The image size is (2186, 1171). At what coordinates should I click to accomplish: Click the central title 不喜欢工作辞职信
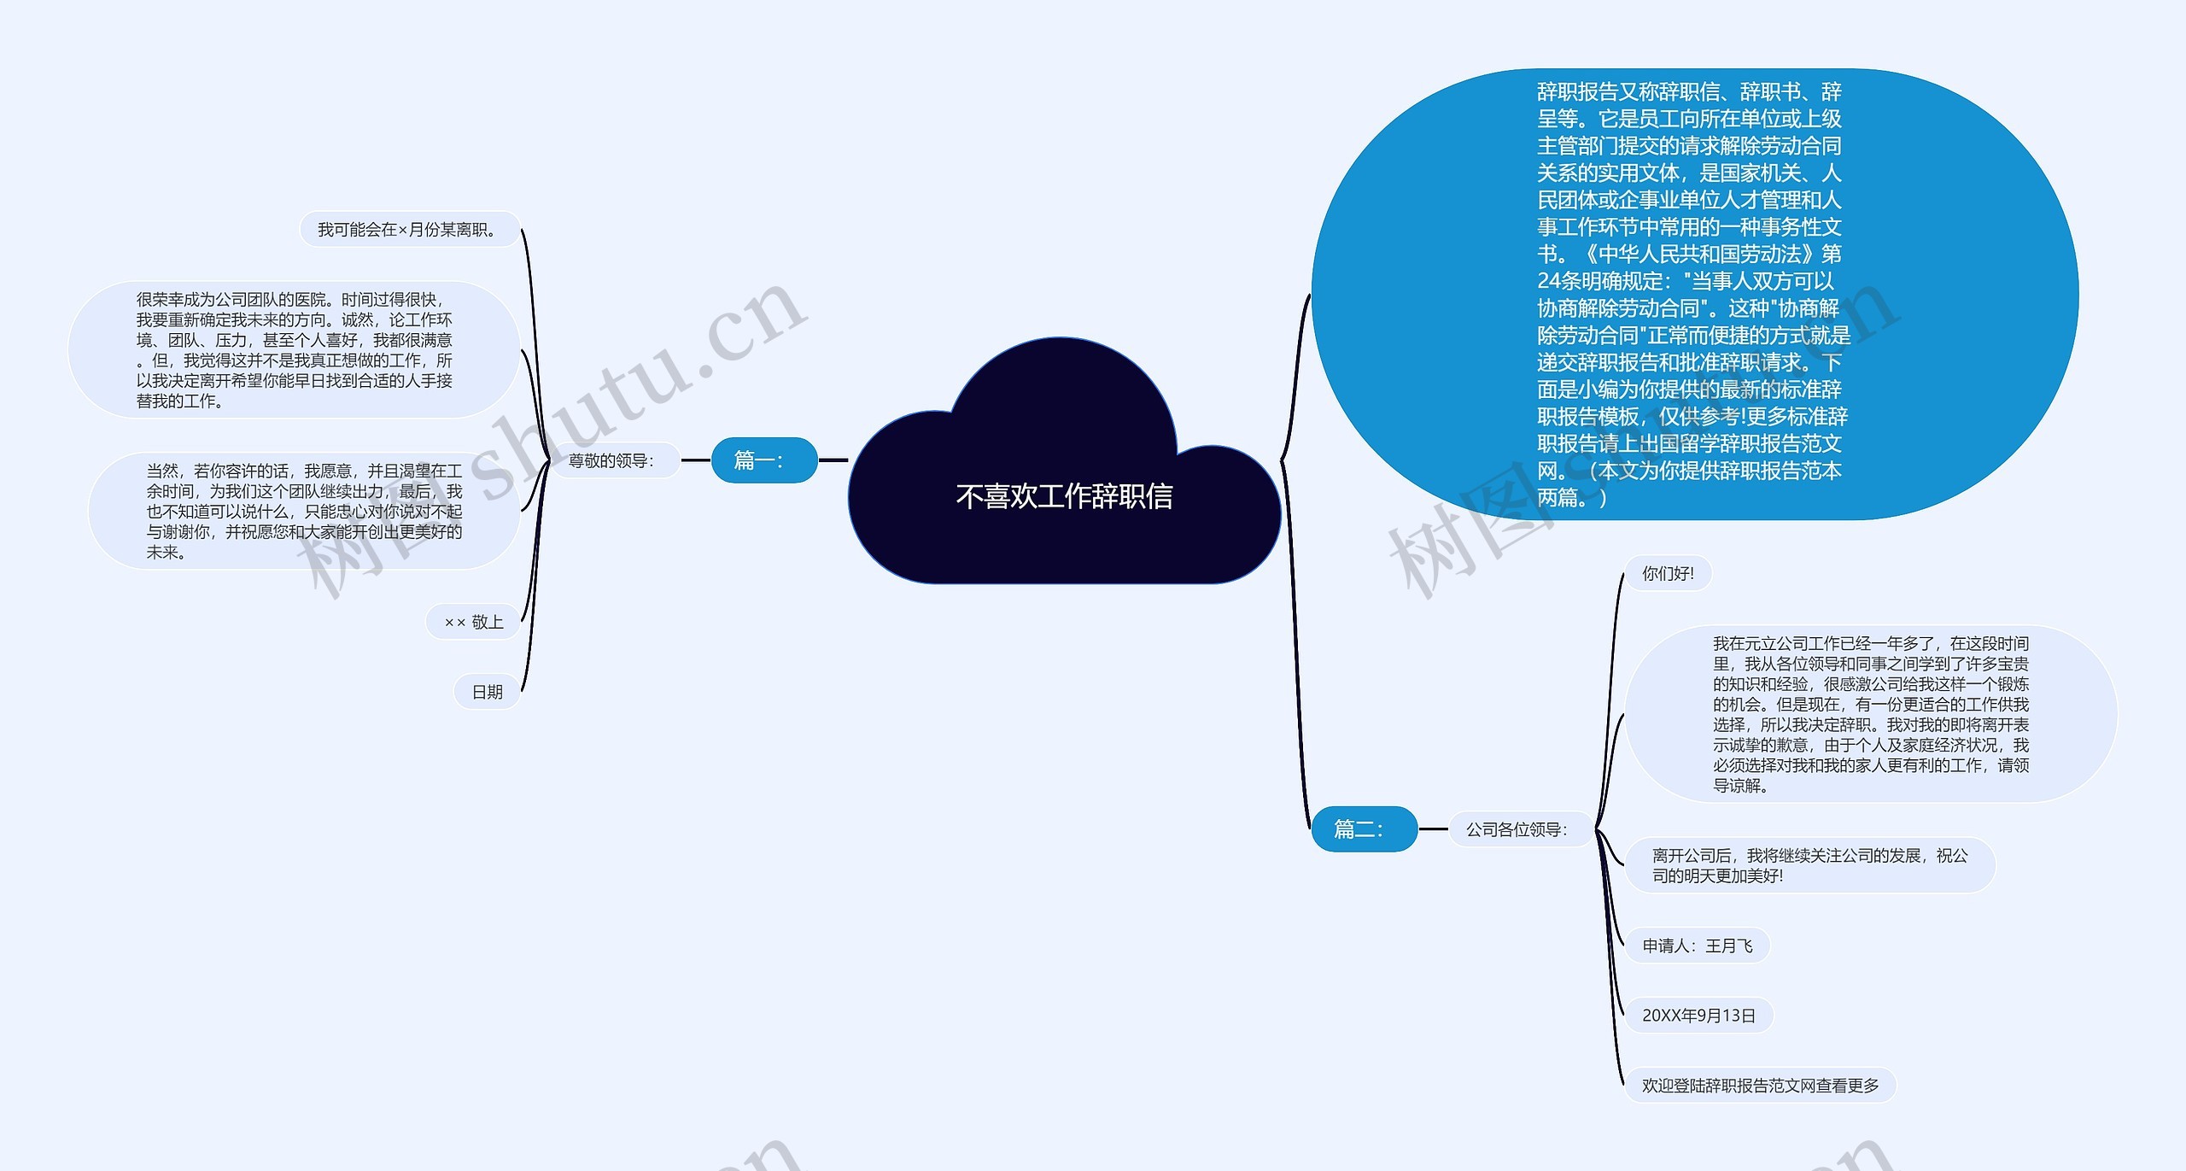(x=1064, y=496)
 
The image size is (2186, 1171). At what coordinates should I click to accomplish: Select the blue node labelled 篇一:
(x=764, y=460)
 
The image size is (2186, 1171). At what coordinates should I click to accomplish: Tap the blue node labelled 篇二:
(x=1364, y=828)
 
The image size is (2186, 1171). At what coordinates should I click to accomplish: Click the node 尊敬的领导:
(x=612, y=461)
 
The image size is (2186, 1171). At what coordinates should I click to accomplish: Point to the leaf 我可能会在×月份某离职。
(x=409, y=230)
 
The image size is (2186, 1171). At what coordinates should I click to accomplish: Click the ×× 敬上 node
(x=474, y=622)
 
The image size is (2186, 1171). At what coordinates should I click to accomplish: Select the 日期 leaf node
(x=487, y=692)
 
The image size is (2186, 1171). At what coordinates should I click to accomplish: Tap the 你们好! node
(x=1668, y=573)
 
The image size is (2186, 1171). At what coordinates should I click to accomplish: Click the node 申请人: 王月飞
(x=1697, y=946)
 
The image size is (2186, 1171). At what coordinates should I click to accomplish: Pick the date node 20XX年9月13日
(x=1698, y=1016)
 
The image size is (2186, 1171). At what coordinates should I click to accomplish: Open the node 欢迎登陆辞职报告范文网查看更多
(x=1760, y=1086)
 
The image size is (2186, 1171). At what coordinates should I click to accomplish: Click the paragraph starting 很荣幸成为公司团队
(x=295, y=350)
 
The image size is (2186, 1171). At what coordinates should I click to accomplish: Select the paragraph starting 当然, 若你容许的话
(x=304, y=511)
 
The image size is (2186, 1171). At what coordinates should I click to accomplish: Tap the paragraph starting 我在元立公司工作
(x=1870, y=714)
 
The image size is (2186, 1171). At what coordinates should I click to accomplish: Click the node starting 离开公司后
(x=1809, y=865)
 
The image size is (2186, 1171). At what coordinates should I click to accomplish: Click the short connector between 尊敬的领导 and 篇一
(x=696, y=460)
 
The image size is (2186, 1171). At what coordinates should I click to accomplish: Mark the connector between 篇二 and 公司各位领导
(x=1434, y=828)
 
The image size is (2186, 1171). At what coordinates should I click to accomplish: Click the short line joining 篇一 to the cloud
(x=833, y=460)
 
